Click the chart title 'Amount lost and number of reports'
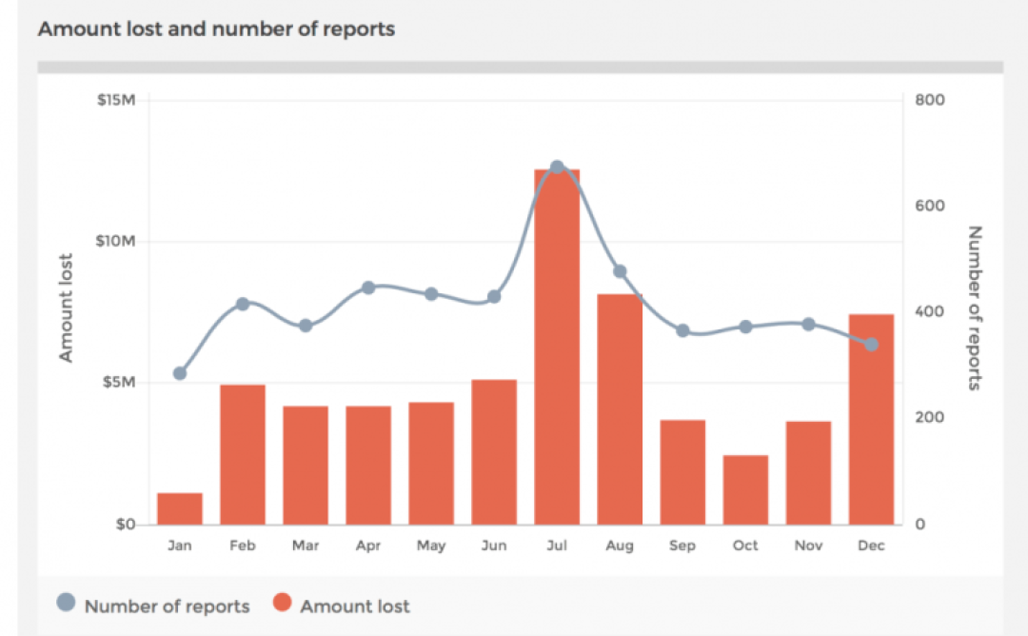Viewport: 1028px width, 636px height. (x=216, y=29)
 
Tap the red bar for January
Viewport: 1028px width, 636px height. (x=180, y=508)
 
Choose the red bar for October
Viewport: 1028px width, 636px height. (x=745, y=489)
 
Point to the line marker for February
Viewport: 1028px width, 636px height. (x=243, y=304)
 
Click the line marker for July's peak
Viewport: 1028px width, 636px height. (x=558, y=168)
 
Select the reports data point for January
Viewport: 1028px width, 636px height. (x=180, y=373)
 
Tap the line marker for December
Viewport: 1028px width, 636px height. (x=871, y=344)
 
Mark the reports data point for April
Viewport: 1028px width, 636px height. (x=368, y=288)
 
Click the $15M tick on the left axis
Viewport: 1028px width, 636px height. (x=117, y=100)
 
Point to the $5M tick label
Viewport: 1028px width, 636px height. (x=120, y=383)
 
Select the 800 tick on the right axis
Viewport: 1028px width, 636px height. (x=931, y=100)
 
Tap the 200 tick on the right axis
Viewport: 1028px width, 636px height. (x=931, y=418)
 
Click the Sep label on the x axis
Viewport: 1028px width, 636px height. (x=682, y=546)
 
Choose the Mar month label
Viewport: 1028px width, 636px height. (x=306, y=546)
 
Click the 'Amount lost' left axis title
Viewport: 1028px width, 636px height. (x=66, y=308)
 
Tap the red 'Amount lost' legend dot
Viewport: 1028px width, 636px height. (x=282, y=603)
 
